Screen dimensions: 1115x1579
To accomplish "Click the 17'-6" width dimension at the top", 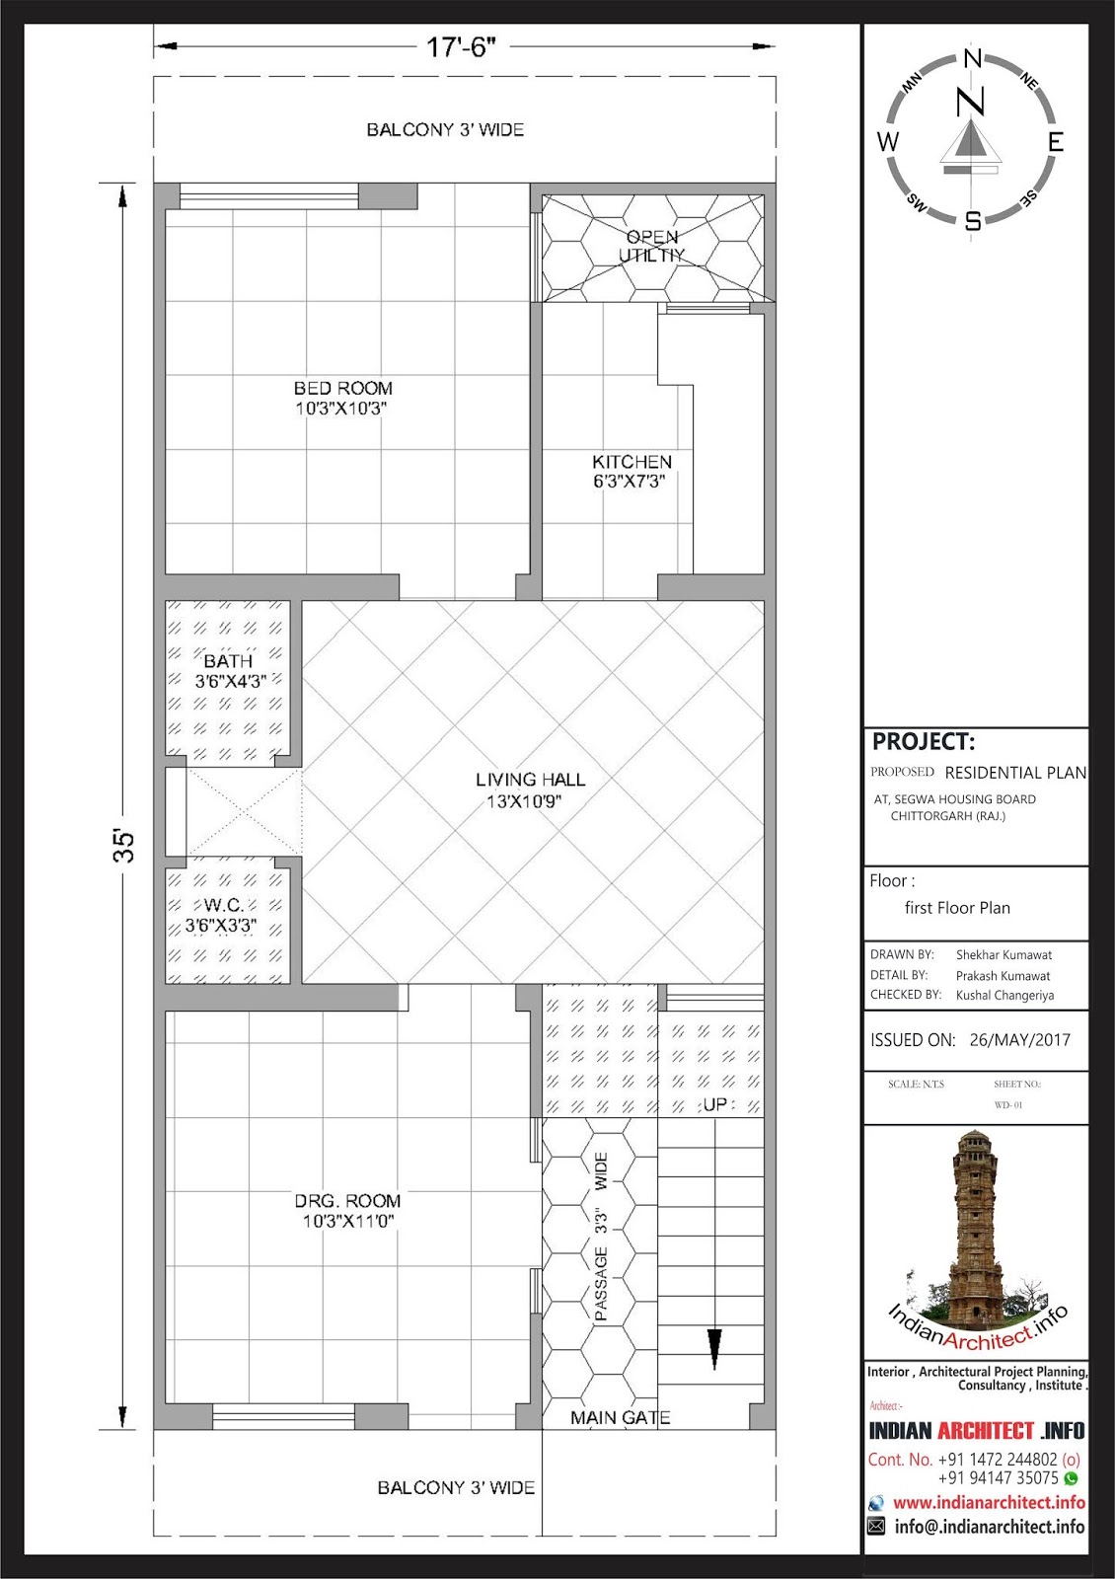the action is pos(461,48).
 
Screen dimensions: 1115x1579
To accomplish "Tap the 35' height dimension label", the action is pos(124,846).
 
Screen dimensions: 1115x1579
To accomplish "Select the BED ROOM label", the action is pos(343,388).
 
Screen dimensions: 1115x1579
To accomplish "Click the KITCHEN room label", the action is pos(632,462).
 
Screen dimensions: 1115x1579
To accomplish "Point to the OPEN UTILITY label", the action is pos(652,246).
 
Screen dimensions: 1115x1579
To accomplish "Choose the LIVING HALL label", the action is pos(530,779).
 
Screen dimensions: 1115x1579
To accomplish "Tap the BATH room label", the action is pos(228,661).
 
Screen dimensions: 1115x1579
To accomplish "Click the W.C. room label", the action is pos(223,904).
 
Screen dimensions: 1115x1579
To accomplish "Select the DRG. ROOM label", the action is pos(347,1200).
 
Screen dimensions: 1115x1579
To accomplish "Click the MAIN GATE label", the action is pos(621,1417).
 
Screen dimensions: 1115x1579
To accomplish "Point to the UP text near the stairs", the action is pos(714,1104).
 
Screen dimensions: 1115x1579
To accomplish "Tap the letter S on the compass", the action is pos(973,221).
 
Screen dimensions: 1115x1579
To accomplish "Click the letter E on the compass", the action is pos(1055,142).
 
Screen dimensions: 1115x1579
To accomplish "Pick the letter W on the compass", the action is pos(888,142).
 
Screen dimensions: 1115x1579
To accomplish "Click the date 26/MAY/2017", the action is pos(1020,1040).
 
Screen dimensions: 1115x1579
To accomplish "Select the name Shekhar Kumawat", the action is pos(1003,955).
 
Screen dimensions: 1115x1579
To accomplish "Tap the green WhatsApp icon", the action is pos(1071,1478).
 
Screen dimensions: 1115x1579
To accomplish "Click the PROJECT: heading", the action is pos(924,741).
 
